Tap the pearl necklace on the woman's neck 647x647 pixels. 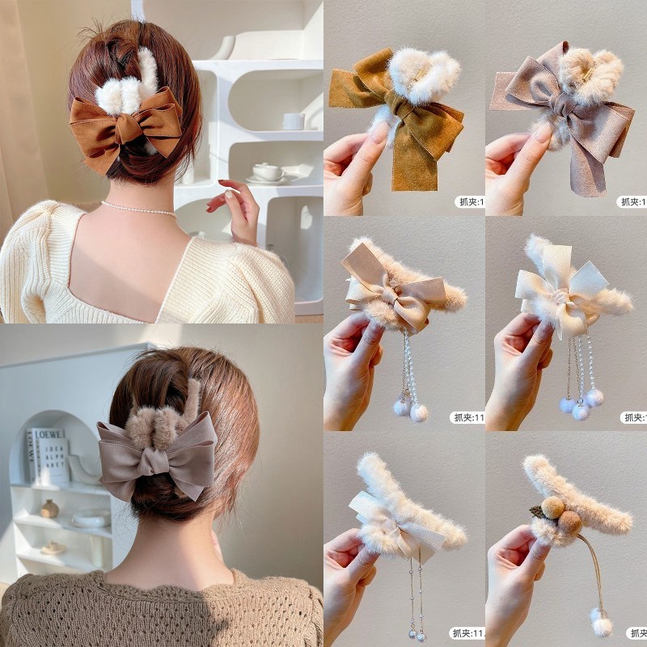(137, 208)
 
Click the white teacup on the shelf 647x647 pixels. (267, 171)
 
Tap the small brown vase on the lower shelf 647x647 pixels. (50, 508)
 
